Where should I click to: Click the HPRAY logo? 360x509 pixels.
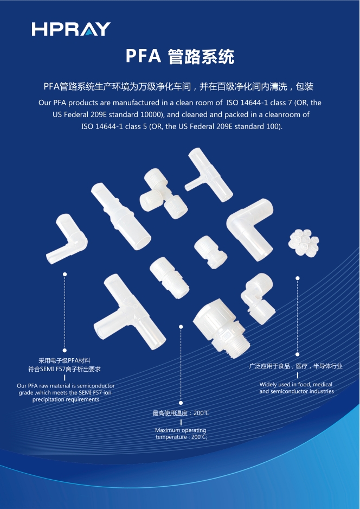point(71,29)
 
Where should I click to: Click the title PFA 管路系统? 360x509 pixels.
point(180,56)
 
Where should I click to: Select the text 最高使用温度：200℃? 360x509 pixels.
point(181,413)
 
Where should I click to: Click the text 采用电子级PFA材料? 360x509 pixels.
point(65,360)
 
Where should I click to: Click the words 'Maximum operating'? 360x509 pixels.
point(181,430)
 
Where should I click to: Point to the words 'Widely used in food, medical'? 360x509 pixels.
point(296,384)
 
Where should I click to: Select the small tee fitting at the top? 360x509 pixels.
point(208,173)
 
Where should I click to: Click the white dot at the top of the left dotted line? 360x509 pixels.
point(65,275)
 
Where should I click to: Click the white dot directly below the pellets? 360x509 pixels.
point(298,278)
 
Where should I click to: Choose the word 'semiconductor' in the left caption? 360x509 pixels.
point(94,386)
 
